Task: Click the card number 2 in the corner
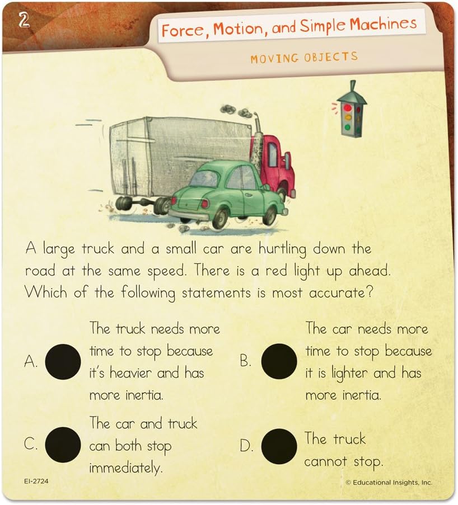pos(24,20)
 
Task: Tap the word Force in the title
pos(183,31)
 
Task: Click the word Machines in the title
pos(384,24)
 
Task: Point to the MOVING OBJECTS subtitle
pos(304,58)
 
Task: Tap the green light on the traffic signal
pos(347,127)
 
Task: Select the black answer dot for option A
pos(63,361)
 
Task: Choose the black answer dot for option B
pos(279,361)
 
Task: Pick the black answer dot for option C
pos(63,445)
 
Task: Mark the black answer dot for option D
pos(279,446)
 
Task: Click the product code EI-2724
pos(36,481)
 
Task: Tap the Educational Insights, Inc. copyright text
pos(389,483)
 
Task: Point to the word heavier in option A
pos(130,373)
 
